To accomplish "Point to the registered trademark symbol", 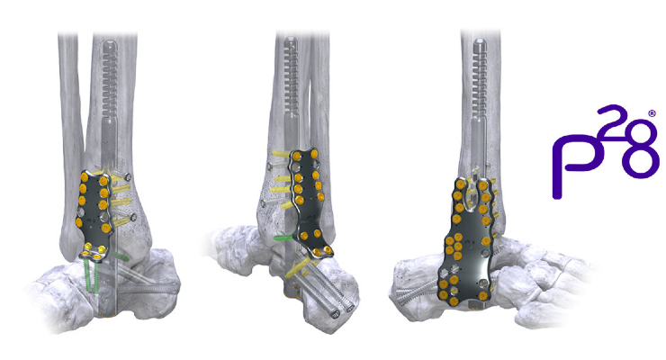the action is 652,113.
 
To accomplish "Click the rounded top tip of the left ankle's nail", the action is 110,41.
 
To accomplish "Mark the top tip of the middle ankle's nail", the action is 291,39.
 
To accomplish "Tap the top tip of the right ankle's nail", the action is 480,40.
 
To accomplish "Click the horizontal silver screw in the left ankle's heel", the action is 148,289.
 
